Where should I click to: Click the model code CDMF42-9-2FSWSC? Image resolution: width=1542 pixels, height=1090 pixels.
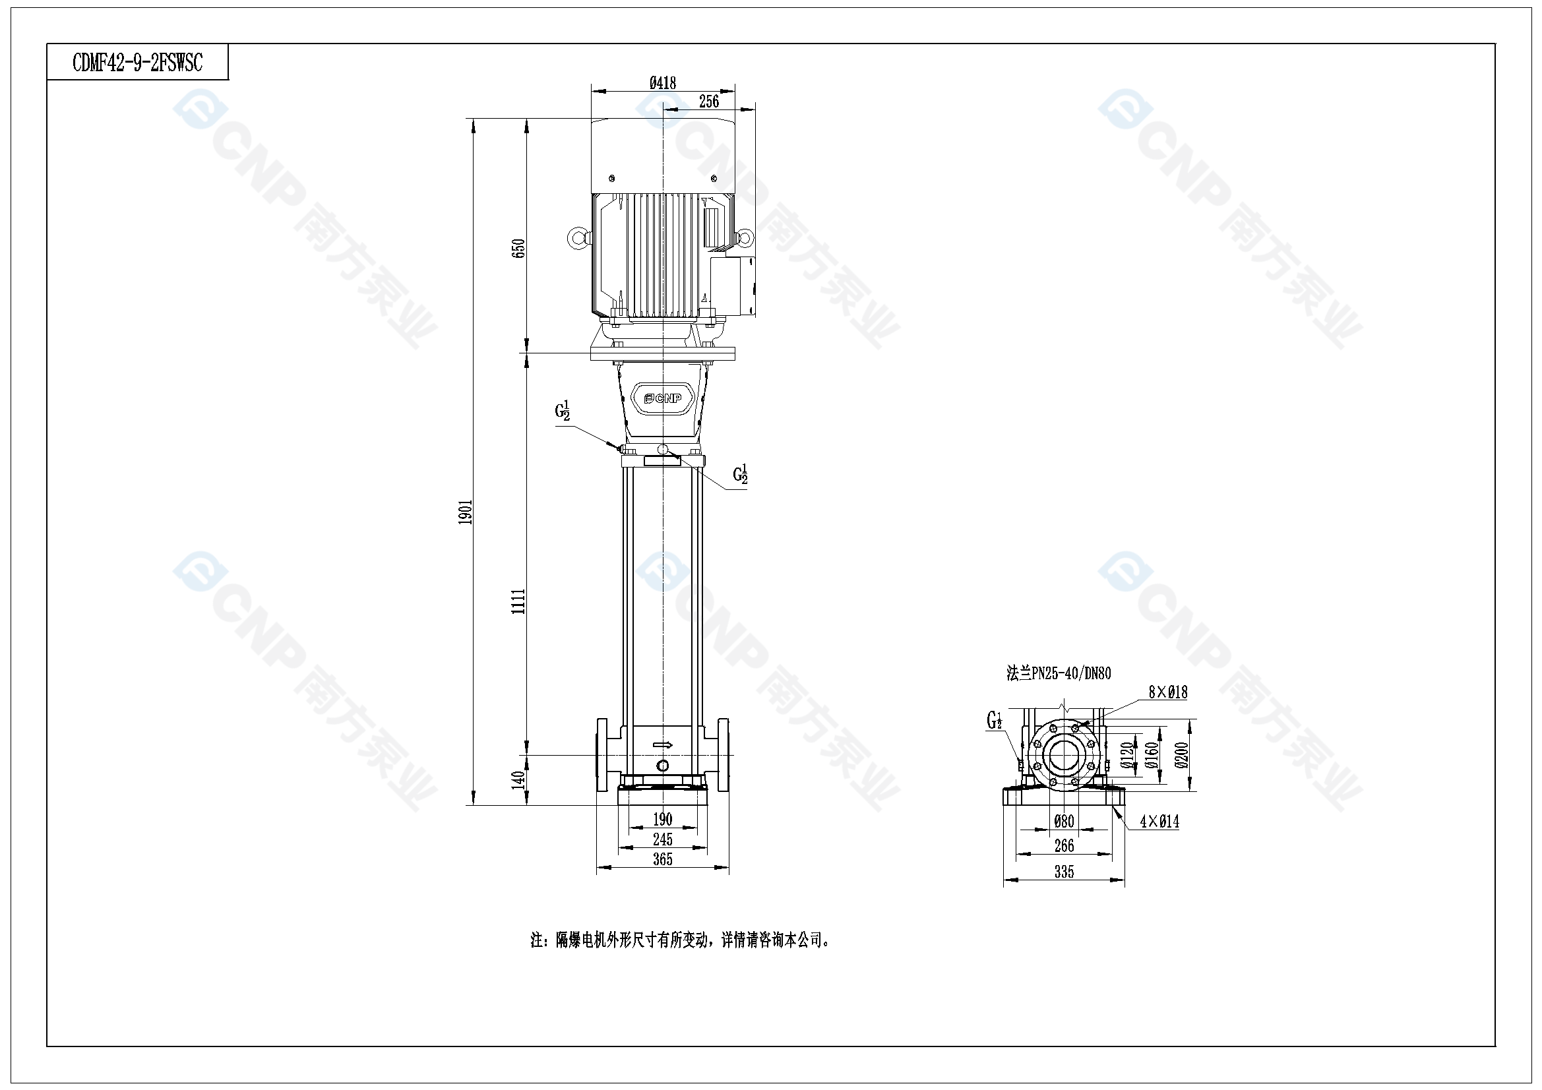(x=137, y=63)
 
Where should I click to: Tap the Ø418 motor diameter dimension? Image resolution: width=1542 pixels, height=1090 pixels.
(x=662, y=82)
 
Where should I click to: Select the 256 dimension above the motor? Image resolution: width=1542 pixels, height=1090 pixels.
(x=709, y=102)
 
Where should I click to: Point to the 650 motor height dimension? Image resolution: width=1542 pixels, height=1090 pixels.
(x=518, y=249)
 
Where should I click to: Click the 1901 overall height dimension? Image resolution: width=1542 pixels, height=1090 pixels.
(x=466, y=512)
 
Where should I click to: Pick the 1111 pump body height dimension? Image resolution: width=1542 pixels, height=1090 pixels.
(x=518, y=601)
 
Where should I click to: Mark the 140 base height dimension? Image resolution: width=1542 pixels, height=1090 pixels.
(x=518, y=779)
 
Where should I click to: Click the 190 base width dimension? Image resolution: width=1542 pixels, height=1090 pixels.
(x=662, y=820)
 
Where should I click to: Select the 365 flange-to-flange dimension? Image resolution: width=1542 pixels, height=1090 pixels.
(x=662, y=859)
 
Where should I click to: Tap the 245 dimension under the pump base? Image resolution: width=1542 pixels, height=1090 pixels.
(x=662, y=839)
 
